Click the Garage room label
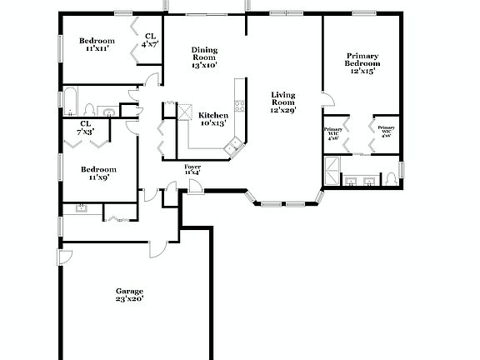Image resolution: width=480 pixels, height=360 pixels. click(x=129, y=294)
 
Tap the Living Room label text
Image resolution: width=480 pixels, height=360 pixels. click(x=283, y=102)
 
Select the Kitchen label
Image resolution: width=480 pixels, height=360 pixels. click(x=212, y=119)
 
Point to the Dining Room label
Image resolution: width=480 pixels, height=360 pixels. click(x=204, y=57)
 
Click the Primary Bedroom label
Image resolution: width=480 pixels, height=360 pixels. click(x=363, y=63)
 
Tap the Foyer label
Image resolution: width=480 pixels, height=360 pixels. click(x=192, y=169)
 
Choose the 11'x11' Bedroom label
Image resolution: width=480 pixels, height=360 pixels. click(x=97, y=45)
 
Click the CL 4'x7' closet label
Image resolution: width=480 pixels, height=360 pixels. click(x=150, y=40)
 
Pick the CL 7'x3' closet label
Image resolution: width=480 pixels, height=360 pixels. click(x=85, y=127)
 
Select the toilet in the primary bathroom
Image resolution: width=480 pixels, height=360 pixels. click(x=391, y=179)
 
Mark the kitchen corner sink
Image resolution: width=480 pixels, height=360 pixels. click(x=232, y=146)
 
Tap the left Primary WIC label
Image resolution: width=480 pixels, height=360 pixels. click(x=332, y=134)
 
